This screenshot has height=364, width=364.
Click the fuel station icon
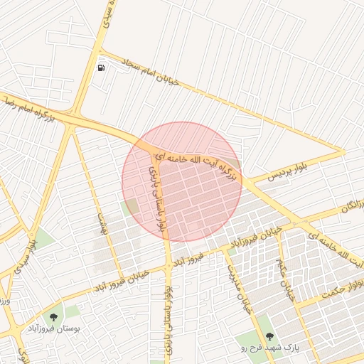pos(102,68)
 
